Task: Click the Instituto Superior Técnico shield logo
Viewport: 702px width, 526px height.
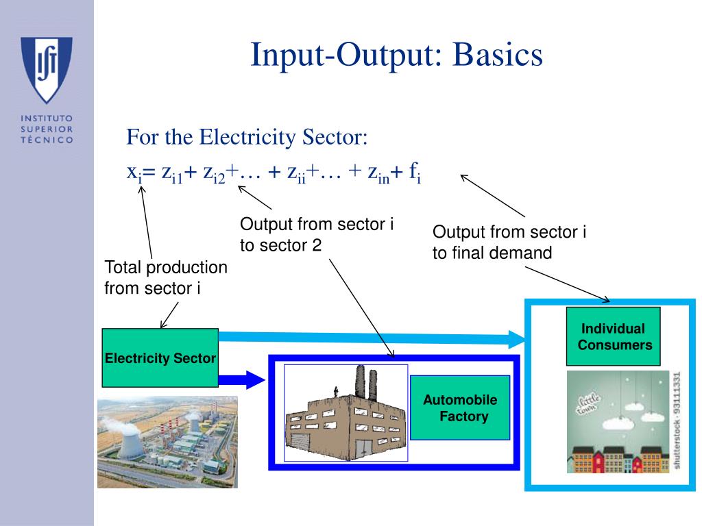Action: pyautogui.click(x=47, y=68)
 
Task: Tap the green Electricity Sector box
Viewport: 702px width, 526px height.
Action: pyautogui.click(x=160, y=358)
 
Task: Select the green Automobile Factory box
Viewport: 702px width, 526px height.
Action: pyautogui.click(x=460, y=408)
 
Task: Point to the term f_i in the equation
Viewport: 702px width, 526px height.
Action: pyautogui.click(x=415, y=173)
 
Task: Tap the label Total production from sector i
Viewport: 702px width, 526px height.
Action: pyautogui.click(x=165, y=277)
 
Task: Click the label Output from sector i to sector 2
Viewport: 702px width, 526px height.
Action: pyautogui.click(x=316, y=234)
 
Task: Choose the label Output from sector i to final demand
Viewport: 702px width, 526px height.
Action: pyautogui.click(x=509, y=242)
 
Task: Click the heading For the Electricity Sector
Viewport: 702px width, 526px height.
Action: pyautogui.click(x=247, y=137)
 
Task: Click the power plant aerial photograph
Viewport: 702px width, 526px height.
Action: pyautogui.click(x=167, y=442)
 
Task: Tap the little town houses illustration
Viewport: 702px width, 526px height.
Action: pyautogui.click(x=617, y=425)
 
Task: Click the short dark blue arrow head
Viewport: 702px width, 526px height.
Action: pyautogui.click(x=255, y=379)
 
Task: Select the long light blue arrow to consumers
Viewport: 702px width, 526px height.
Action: pyautogui.click(x=370, y=337)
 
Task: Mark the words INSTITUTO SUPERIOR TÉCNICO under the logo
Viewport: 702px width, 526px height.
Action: pyautogui.click(x=47, y=129)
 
